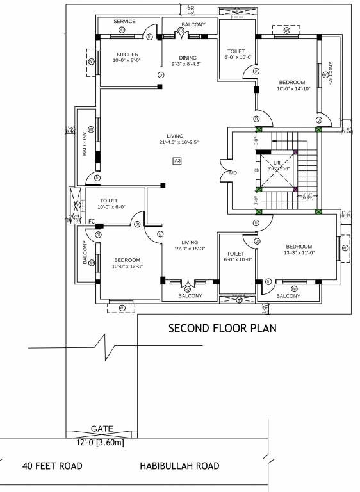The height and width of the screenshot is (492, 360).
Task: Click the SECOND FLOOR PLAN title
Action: click(x=222, y=329)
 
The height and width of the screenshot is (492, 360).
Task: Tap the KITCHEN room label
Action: click(x=127, y=54)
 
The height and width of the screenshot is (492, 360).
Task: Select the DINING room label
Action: click(x=188, y=58)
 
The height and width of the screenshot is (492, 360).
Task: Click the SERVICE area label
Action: click(x=124, y=21)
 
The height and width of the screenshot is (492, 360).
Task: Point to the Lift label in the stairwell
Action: click(x=277, y=163)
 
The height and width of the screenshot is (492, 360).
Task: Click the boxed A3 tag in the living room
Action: click(x=177, y=161)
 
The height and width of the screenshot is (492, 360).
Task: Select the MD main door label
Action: click(x=233, y=173)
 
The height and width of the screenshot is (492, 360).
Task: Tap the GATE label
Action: click(x=102, y=427)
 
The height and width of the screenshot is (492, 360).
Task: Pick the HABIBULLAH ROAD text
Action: click(x=179, y=466)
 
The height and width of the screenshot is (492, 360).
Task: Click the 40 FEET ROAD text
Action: click(x=53, y=466)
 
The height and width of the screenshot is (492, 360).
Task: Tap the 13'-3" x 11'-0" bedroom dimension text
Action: click(x=299, y=254)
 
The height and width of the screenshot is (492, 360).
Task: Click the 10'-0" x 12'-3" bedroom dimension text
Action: click(x=127, y=266)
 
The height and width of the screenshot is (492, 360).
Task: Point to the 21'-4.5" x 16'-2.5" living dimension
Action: click(x=174, y=142)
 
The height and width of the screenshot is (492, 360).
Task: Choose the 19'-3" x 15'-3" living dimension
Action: click(x=189, y=249)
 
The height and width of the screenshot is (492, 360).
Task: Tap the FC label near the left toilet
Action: click(x=92, y=222)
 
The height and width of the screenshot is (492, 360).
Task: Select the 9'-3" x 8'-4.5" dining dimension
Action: click(x=188, y=65)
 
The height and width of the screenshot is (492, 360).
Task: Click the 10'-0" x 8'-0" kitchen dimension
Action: click(x=127, y=61)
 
